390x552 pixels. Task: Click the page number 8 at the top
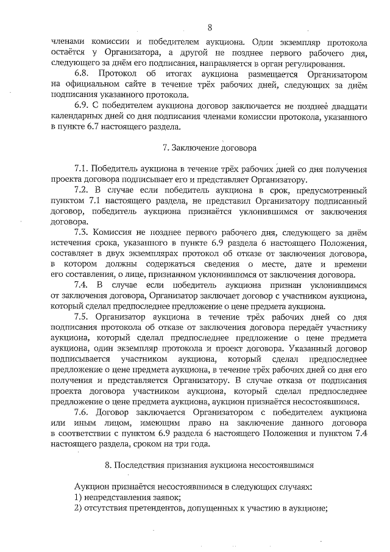[210, 27]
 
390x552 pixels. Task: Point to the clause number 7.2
[83, 190]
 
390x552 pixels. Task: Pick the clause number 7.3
[83, 232]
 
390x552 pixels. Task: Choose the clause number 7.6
[83, 412]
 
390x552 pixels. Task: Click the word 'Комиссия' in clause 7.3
[118, 232]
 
